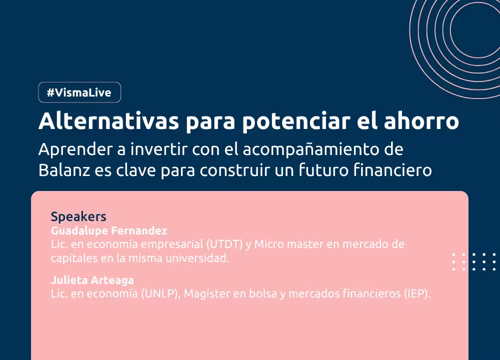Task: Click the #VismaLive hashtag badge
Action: tap(79, 92)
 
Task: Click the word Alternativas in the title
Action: tap(108, 121)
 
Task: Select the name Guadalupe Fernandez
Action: tap(109, 230)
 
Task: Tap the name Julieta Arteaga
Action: tap(92, 280)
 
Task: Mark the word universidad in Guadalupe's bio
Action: tap(197, 258)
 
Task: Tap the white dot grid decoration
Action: tap(474, 262)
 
